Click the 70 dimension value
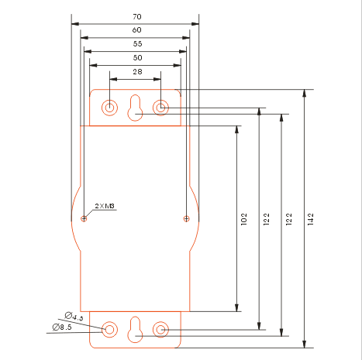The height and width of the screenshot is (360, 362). tap(137, 17)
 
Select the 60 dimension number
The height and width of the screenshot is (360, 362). tap(136, 30)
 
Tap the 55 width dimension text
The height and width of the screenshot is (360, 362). tap(137, 44)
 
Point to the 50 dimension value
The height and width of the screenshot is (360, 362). tap(137, 58)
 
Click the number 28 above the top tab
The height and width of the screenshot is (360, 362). tap(137, 72)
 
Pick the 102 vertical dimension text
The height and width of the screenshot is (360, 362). tap(243, 219)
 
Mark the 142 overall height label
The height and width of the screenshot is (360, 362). tap(311, 219)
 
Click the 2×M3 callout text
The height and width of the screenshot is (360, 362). tap(105, 206)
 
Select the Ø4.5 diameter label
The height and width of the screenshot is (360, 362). tap(74, 317)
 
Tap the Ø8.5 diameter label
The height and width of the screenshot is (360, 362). tap(62, 327)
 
